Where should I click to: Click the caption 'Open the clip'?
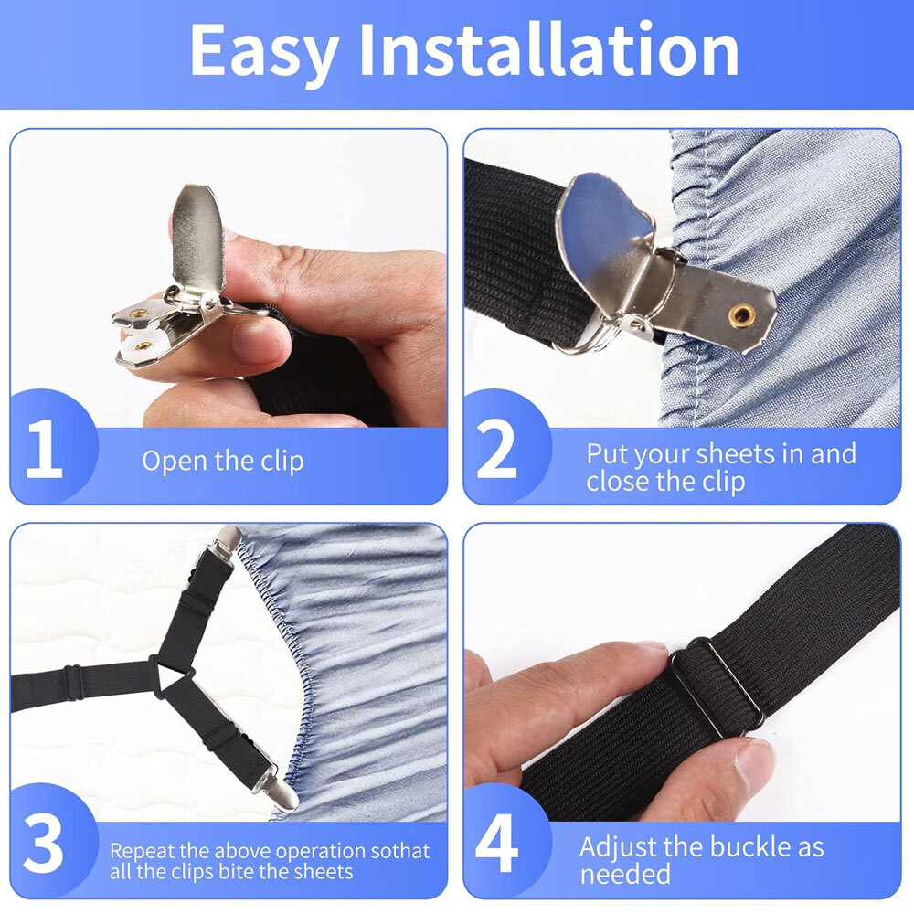pyautogui.click(x=222, y=461)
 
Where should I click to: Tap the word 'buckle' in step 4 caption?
pyautogui.click(x=732, y=847)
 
